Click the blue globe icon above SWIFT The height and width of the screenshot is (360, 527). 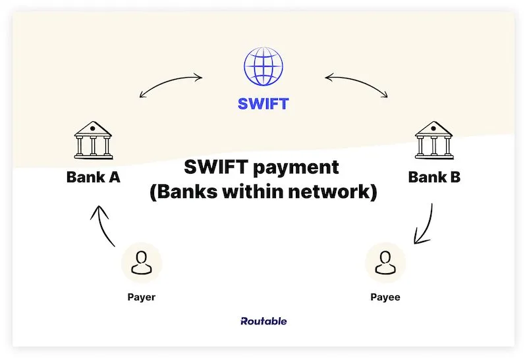263,68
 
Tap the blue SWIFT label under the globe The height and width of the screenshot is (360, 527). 263,103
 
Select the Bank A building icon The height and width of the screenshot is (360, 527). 93,140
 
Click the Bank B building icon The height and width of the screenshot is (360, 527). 433,140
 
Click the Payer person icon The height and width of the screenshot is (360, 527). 142,263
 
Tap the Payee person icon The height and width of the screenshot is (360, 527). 385,263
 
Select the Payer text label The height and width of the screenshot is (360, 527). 142,297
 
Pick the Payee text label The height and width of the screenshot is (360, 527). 385,297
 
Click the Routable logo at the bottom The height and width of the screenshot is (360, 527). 263,321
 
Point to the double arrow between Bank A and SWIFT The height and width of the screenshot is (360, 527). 171,85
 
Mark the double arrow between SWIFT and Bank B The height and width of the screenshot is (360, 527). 356,85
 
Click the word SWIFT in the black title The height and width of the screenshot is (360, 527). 209,168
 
